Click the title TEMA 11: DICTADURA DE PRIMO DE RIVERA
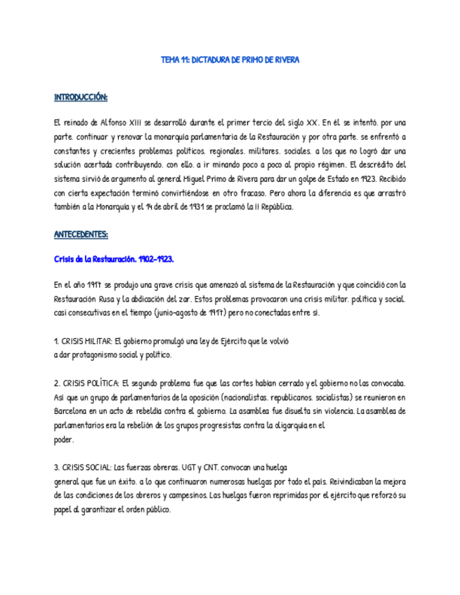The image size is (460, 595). (x=230, y=60)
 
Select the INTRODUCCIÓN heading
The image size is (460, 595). (x=81, y=97)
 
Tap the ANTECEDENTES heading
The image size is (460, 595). (x=81, y=234)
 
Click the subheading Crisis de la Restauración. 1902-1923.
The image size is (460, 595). (x=114, y=259)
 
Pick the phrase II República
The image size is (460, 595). (x=268, y=207)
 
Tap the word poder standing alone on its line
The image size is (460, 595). (x=64, y=440)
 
